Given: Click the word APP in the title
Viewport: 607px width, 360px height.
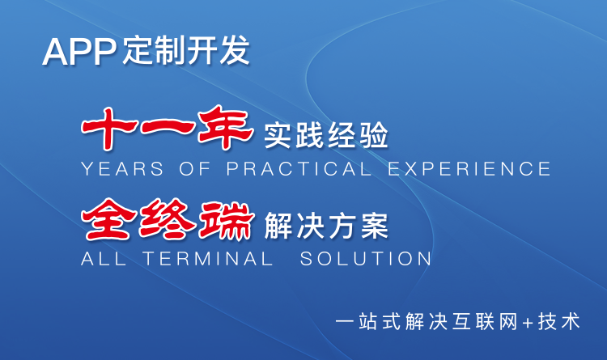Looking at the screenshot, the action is [79, 52].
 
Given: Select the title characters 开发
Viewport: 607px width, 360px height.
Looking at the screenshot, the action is [218, 50].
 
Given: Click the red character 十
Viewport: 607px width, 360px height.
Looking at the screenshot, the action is [108, 128].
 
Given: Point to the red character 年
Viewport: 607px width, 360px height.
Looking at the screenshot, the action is [225, 128].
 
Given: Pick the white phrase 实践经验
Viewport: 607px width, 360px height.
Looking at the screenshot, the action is [325, 135].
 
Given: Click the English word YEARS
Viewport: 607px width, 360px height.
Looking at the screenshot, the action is [122, 169].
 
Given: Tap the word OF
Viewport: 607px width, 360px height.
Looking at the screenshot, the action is [195, 169].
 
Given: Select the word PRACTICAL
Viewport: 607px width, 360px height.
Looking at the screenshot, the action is [299, 169].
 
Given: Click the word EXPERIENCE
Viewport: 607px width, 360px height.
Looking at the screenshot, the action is [469, 169].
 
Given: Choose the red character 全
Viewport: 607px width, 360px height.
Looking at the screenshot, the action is [109, 219].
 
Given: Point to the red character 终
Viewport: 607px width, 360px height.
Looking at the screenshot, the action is [168, 219].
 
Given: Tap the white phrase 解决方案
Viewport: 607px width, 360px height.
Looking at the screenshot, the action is [326, 226].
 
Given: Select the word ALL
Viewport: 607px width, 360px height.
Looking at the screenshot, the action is [104, 259].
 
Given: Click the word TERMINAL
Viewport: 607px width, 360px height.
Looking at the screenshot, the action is [208, 259].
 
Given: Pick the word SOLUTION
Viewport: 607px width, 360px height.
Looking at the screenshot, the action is [366, 259].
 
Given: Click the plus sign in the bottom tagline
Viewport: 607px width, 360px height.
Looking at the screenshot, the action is [527, 323].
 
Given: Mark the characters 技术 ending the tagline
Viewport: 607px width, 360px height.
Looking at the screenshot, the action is [558, 322].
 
